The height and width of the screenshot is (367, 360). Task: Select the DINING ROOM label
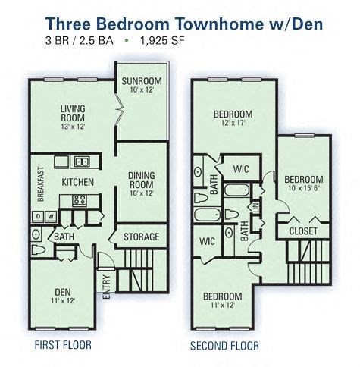click(x=142, y=180)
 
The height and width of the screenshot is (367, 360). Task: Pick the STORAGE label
click(x=141, y=237)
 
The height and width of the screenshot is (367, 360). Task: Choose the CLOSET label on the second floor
click(x=302, y=232)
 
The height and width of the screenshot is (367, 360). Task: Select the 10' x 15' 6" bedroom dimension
click(x=302, y=189)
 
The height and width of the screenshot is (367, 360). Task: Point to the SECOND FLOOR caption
click(x=224, y=346)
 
